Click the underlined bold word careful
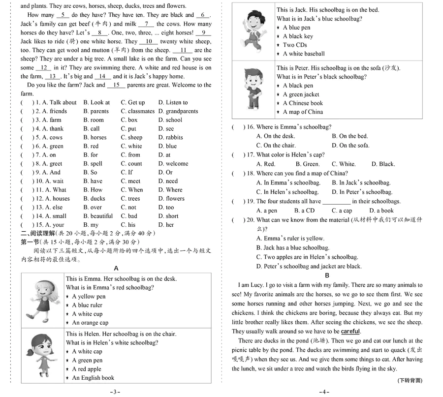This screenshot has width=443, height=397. coord(350,332)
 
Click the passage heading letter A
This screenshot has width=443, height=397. coord(116,268)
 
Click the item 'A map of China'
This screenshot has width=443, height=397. coord(303,112)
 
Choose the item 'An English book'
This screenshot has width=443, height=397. coord(93,378)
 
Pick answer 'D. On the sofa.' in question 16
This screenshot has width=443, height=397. coord(350,146)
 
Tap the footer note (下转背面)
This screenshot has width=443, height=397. coord(410,380)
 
